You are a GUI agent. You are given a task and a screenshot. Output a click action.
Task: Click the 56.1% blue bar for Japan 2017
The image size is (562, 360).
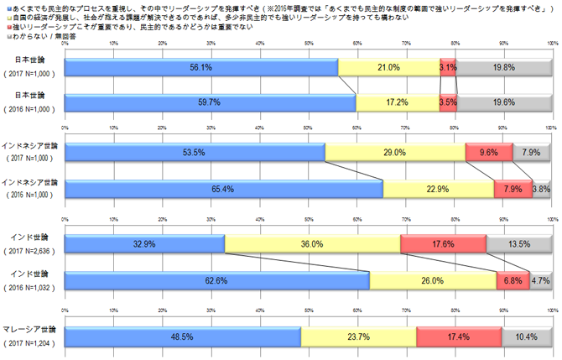coord(200,68)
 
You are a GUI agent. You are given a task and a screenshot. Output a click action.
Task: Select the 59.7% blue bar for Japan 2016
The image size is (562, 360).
coord(210,102)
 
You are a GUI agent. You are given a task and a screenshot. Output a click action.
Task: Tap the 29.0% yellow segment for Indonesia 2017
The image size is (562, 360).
coord(394,153)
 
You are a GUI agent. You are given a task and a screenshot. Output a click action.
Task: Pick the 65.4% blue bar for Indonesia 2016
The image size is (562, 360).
coord(223,189)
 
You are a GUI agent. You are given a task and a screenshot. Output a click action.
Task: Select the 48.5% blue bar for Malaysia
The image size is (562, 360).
coord(182,337)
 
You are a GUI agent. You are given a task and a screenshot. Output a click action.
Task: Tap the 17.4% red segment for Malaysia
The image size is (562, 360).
coord(458,337)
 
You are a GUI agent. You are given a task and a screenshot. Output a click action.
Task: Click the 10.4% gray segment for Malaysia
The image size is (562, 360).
coord(525,337)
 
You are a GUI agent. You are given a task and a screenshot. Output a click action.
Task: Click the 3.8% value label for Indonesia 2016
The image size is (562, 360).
coord(541,189)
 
